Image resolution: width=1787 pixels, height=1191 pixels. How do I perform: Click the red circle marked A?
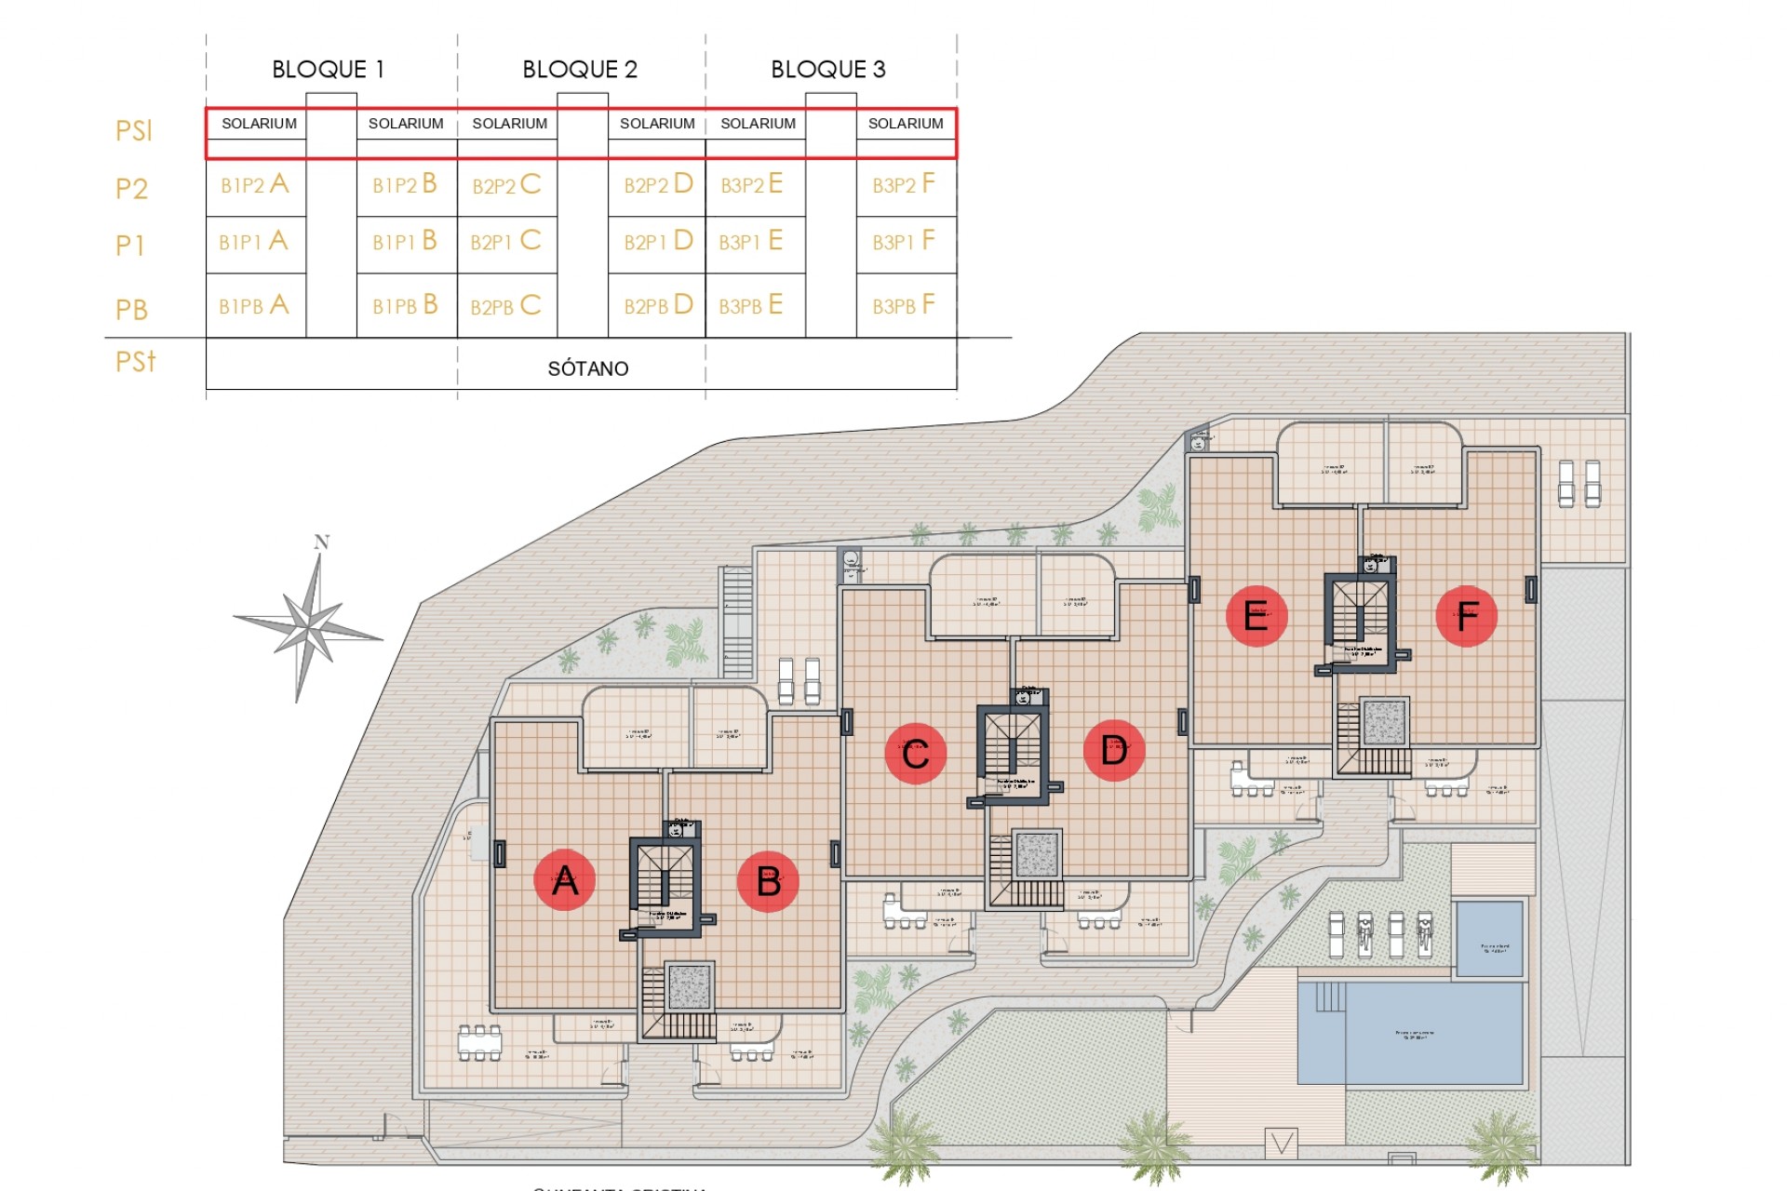pos(564,879)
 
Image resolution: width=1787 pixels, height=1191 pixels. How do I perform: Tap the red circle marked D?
pos(1114,750)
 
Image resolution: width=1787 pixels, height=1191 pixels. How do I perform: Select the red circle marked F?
pos(1467,616)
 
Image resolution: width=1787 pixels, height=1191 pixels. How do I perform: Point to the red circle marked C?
pos(915,753)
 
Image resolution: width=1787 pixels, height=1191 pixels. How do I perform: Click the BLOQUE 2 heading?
pos(580,70)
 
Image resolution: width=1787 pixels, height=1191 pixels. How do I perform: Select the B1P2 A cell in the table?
pos(255,184)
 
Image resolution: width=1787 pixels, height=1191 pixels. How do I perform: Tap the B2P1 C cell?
pos(506,241)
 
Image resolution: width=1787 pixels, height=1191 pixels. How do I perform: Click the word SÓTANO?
pos(588,368)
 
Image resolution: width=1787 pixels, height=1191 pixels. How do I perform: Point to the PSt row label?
pos(136,361)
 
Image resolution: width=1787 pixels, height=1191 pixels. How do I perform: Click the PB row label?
pos(132,309)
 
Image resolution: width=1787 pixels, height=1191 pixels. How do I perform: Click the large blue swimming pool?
pos(1411,1034)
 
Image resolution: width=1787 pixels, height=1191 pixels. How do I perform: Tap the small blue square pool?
pos(1488,938)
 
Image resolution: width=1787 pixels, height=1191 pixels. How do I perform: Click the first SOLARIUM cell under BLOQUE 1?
pos(259,124)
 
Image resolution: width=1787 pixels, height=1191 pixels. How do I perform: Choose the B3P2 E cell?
pos(752,184)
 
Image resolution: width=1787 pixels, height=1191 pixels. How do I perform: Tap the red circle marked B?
pos(768,881)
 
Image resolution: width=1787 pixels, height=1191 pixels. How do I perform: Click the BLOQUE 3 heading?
pos(828,70)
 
